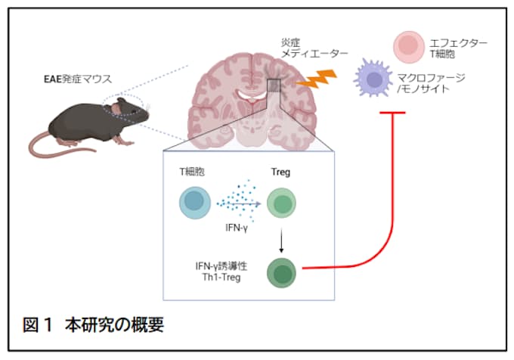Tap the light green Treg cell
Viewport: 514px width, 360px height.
(x=281, y=203)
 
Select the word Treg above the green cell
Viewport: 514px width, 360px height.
(x=281, y=172)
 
